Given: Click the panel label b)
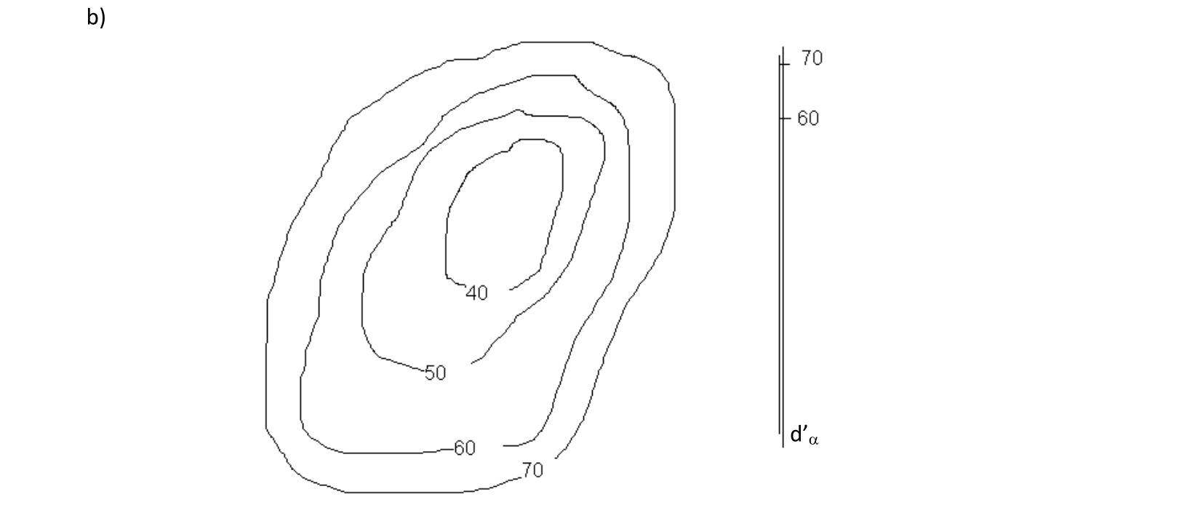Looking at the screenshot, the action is [x=96, y=17].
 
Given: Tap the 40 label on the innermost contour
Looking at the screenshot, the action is [x=477, y=293].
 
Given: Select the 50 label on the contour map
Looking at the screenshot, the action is [x=435, y=373].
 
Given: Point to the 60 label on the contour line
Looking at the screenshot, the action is [x=465, y=448].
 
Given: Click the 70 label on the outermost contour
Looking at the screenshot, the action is [x=532, y=471].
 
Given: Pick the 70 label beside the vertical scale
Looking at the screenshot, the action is [x=812, y=58].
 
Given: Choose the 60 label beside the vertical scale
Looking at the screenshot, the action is [x=808, y=118].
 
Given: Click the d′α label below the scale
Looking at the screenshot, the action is [x=804, y=435].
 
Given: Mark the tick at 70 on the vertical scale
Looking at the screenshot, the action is [x=786, y=65].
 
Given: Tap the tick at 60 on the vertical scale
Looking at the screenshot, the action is [x=786, y=118].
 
